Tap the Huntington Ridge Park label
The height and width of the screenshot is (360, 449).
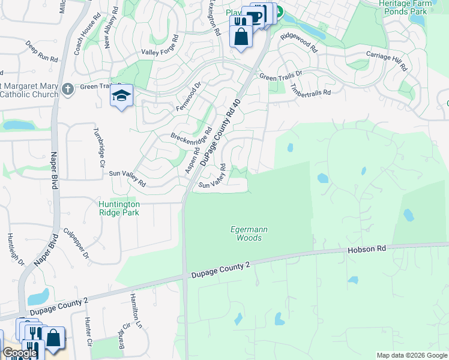pos(119,208)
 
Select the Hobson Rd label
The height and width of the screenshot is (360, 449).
pos(365,248)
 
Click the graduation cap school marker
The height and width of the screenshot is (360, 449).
pos(121,97)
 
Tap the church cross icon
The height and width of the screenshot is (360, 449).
pos(68,89)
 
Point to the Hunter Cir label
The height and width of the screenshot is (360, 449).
pos(88,332)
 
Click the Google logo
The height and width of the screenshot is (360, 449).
pos(19,353)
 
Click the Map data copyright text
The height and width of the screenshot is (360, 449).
pos(411,355)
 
